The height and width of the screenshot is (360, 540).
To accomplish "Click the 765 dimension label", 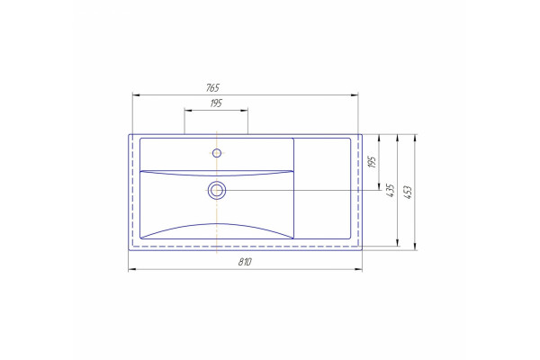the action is tap(212, 88).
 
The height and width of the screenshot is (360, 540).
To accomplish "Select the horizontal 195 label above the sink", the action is tap(216, 103).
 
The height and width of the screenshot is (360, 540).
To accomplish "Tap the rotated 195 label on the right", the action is tap(372, 162).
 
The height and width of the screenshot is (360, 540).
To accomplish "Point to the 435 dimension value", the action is tap(391, 190).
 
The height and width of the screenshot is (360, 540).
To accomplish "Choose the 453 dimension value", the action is tap(408, 193).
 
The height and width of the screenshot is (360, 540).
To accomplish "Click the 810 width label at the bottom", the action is tap(245, 262).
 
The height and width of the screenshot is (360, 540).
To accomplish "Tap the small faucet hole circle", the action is tap(217, 153).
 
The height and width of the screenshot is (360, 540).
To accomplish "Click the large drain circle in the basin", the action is tap(217, 190).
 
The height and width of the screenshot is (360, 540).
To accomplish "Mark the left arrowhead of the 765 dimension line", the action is tap(136, 94).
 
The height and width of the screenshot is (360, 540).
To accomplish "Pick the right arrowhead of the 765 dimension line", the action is tap(355, 94).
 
